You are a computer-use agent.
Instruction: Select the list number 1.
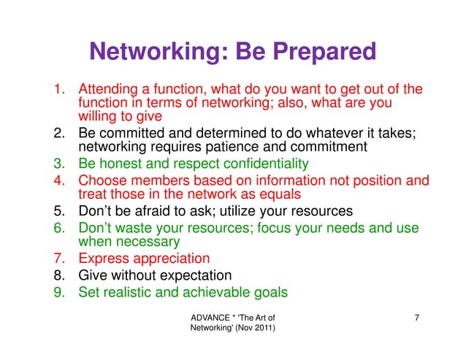58,90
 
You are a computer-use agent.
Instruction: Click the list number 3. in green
58,163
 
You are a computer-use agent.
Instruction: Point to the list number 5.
58,212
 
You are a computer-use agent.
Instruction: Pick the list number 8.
58,275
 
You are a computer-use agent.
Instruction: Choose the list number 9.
58,292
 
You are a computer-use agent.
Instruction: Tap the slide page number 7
416,318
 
